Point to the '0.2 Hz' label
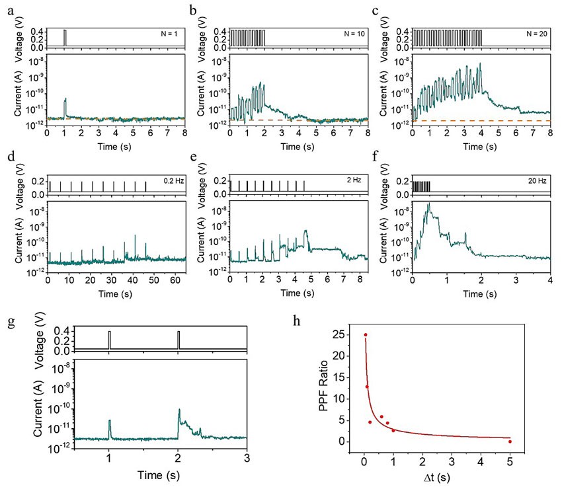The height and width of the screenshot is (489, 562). [x=172, y=180]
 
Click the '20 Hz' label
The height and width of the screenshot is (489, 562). [x=538, y=180]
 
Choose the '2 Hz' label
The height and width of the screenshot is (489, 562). [x=356, y=180]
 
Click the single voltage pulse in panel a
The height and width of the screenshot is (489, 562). [x=65, y=38]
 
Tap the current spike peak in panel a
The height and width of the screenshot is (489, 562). [x=65, y=99]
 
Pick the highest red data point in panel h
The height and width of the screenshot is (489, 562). [x=365, y=335]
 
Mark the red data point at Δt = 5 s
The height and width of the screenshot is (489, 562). [x=510, y=441]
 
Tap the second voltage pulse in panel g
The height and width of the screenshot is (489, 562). [x=179, y=338]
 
